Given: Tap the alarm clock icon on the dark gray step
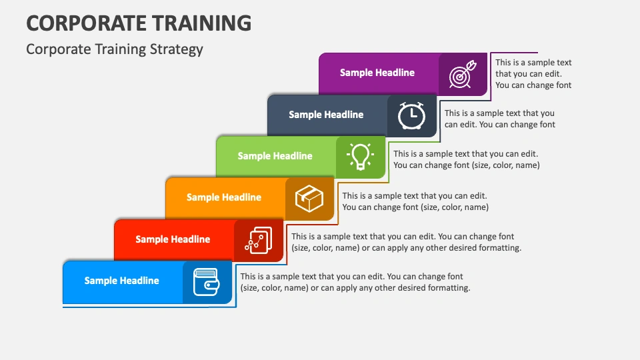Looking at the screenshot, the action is pos(411,116).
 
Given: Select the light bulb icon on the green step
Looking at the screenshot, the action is pos(360,156).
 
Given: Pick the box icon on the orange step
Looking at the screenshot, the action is pos(309,199).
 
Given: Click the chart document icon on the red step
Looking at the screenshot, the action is pos(259,241).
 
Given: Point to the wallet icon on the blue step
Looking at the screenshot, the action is pos(207,282).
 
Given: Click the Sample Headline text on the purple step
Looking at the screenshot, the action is pos(377,73).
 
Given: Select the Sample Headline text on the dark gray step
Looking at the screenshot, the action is pos(326,115).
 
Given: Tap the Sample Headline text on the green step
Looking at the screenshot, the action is pos(275,156).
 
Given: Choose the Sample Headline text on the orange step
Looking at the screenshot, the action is pos(224,197).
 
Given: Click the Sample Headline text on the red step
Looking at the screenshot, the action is pos(173,239).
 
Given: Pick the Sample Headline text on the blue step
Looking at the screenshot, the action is pos(121,281).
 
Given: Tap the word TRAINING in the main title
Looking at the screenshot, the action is pos(201,23).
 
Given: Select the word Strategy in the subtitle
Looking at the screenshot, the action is pos(176,49).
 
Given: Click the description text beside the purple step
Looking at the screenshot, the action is pos(533,74).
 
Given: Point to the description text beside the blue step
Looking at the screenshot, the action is pos(355,282).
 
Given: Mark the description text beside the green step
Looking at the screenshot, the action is pos(467,159).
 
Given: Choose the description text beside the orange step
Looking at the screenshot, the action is pos(415,201).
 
